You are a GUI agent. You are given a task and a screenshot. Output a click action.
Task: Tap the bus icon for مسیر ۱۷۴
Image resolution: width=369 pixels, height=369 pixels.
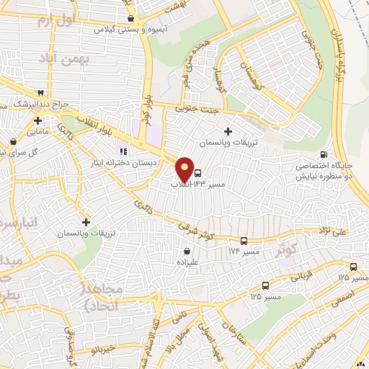point(244,241)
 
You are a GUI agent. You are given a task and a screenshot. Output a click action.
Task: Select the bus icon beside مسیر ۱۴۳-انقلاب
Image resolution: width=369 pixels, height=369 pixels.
point(198,173)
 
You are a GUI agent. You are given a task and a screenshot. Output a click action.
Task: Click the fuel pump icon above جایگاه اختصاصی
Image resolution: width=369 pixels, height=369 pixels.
point(324,154)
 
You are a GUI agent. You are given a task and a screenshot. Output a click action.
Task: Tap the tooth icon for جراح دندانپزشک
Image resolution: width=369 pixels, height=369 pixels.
point(40,93)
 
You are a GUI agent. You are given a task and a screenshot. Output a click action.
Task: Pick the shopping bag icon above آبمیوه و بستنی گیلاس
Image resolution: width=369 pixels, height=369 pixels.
point(130,19)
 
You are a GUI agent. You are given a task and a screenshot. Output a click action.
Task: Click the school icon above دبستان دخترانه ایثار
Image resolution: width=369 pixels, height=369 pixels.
point(123,151)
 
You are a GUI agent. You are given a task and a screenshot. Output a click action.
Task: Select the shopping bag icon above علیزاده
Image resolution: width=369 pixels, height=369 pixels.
point(187,252)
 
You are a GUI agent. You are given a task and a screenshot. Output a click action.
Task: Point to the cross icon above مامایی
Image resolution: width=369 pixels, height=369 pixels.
point(37,120)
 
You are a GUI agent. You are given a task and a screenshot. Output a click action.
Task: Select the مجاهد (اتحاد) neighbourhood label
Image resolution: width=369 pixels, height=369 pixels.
point(105,297)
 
